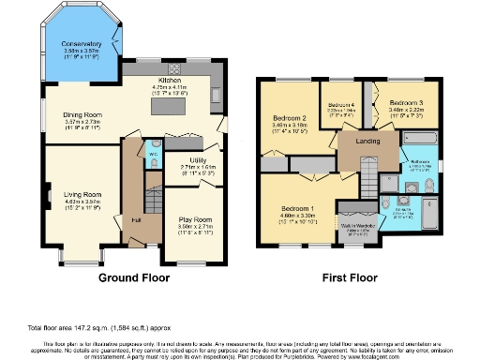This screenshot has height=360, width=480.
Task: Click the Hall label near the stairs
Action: [136, 218]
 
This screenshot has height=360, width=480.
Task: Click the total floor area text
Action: [99, 326]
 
